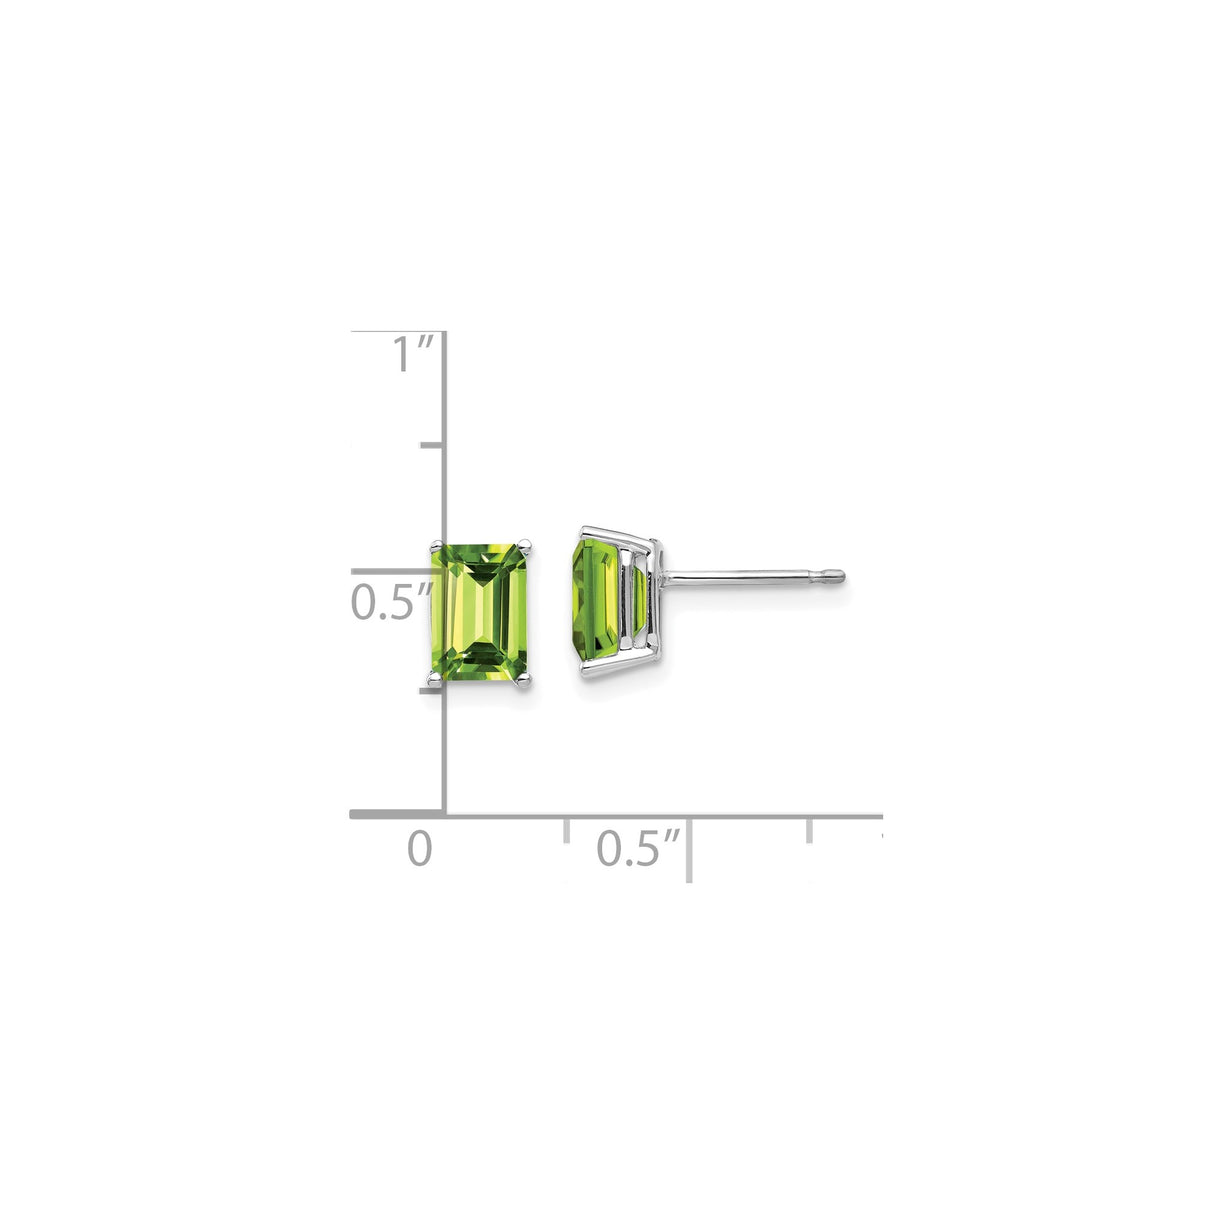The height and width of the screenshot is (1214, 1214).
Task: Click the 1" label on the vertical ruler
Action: tap(412, 355)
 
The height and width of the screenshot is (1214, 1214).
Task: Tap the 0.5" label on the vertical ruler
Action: tap(391, 603)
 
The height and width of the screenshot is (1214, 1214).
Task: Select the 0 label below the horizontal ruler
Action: tap(420, 849)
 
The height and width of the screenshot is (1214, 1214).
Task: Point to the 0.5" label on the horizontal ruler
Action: tap(638, 849)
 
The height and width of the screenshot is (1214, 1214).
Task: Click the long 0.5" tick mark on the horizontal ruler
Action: tap(689, 847)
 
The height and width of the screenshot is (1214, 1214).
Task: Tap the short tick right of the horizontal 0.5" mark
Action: tap(810, 830)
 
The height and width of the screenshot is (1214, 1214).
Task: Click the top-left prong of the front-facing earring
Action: tap(435, 545)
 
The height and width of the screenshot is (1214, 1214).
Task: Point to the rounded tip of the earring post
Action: tap(839, 576)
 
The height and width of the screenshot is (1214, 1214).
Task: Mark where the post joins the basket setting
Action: tap(666, 577)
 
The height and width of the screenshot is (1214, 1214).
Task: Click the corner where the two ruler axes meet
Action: tap(444, 815)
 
